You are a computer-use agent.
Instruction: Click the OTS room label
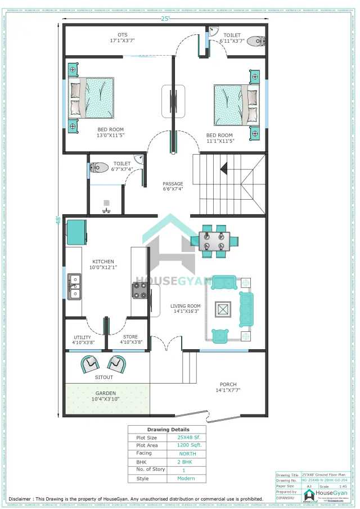pyautogui.click(x=122, y=35)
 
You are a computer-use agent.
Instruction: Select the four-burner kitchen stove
pyautogui.click(x=139, y=290)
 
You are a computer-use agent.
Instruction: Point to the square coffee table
pyautogui.click(x=223, y=309)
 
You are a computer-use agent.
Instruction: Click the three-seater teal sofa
pyautogui.click(x=246, y=309)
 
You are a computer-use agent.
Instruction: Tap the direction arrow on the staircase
pyautogui.click(x=224, y=168)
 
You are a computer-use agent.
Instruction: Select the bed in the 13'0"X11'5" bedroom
pyautogui.click(x=92, y=98)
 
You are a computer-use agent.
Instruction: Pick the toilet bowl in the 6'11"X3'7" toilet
pyautogui.click(x=256, y=40)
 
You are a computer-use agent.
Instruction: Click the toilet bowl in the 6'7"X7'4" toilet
pyautogui.click(x=100, y=167)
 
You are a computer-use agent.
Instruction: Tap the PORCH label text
pyautogui.click(x=228, y=384)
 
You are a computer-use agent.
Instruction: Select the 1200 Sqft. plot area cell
pyautogui.click(x=189, y=445)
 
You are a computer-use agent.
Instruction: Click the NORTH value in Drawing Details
pyautogui.click(x=188, y=453)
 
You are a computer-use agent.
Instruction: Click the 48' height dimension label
pyautogui.click(x=58, y=220)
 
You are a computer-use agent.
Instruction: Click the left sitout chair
pyautogui.click(x=90, y=364)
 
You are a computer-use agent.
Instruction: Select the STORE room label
pyautogui.click(x=131, y=337)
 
